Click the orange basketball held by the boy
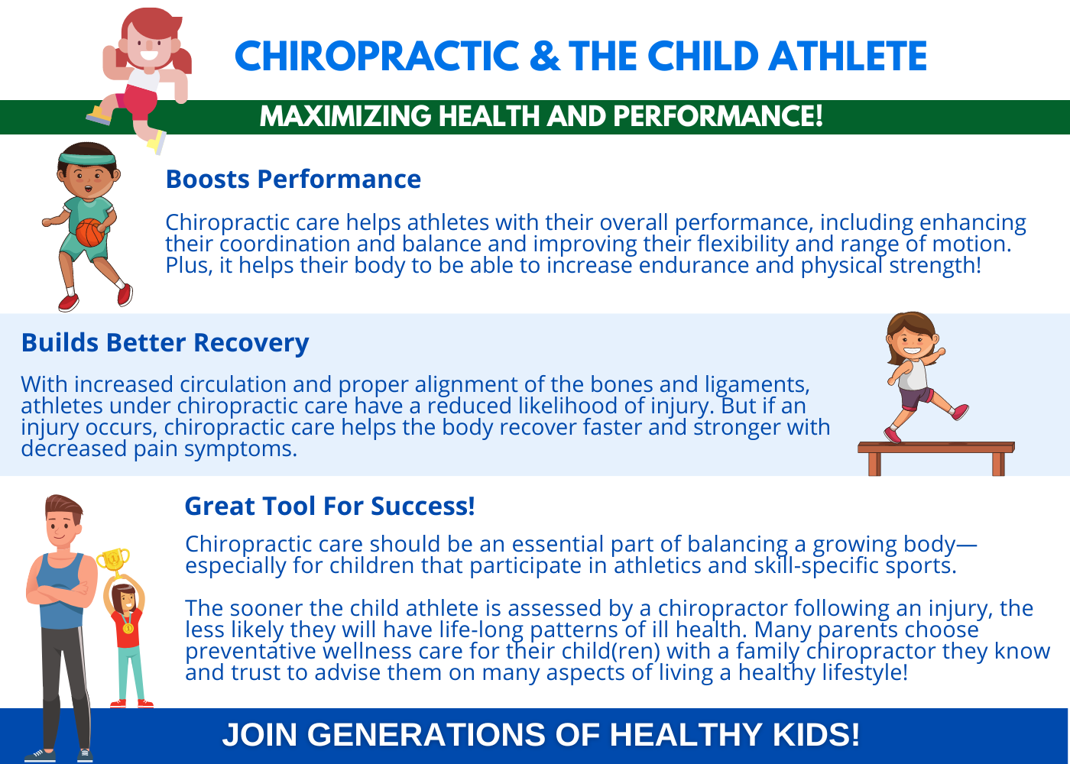pyautogui.click(x=90, y=232)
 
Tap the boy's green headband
pyautogui.click(x=87, y=158)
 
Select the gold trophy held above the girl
pyautogui.click(x=113, y=562)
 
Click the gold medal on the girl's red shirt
pyautogui.click(x=128, y=627)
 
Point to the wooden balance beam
pyautogui.click(x=936, y=458)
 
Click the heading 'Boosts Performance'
pyautogui.click(x=293, y=180)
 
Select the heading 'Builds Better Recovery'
pyautogui.click(x=165, y=343)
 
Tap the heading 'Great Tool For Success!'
pyautogui.click(x=330, y=506)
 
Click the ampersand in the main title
pyautogui.click(x=544, y=56)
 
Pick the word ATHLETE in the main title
pyautogui.click(x=848, y=56)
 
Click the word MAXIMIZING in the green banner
pyautogui.click(x=345, y=116)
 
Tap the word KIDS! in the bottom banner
pyautogui.click(x=816, y=734)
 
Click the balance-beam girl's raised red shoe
pyautogui.click(x=960, y=412)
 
